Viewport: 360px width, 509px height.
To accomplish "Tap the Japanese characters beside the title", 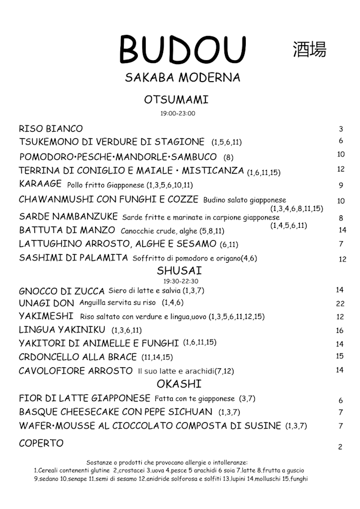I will (309, 49).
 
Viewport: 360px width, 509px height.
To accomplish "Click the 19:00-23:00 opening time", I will (178, 114).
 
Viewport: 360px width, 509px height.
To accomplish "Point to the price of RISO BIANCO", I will (341, 129).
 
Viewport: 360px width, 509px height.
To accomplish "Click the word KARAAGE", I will (41, 184).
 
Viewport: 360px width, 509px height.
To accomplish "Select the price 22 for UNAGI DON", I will (340, 304).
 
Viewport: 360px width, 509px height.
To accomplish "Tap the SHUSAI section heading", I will (179, 271).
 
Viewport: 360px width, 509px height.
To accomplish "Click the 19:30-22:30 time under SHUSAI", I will (181, 281).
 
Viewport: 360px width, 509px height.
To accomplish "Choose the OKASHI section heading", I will (179, 384).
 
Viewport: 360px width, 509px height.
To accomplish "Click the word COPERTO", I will (41, 443).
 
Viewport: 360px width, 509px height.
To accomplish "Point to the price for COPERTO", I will (340, 447).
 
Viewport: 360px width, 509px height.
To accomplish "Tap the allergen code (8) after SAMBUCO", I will (228, 157).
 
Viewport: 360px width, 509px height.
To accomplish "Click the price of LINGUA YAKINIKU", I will (340, 331).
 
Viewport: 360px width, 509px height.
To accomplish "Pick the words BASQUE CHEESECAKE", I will (73, 412).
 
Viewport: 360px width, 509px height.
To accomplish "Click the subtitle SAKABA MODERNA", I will (182, 78).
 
